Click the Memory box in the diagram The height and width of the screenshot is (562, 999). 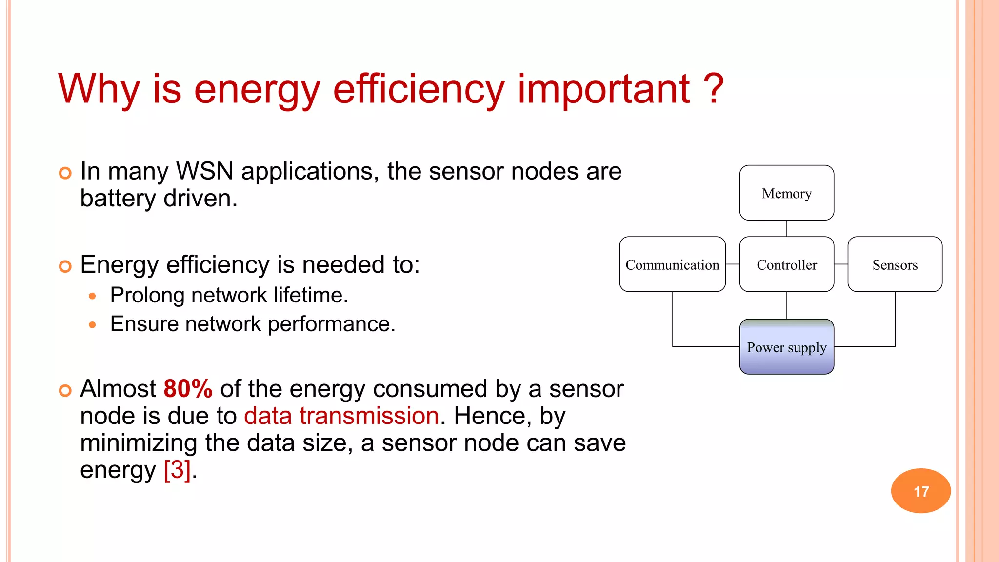click(786, 193)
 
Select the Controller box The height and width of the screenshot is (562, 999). click(786, 264)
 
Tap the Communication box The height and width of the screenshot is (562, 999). click(672, 264)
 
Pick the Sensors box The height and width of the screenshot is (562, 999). click(895, 264)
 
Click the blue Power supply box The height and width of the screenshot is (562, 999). click(786, 347)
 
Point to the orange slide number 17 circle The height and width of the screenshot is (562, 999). click(920, 491)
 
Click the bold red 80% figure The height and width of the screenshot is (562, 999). click(188, 389)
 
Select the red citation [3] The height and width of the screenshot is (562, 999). click(177, 470)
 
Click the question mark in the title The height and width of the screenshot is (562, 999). click(714, 89)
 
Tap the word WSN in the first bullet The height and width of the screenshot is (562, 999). click(205, 171)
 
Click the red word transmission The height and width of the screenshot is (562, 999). click(369, 416)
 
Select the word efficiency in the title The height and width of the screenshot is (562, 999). click(418, 89)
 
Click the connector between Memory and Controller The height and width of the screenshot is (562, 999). click(786, 228)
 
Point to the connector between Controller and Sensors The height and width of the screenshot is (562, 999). click(841, 264)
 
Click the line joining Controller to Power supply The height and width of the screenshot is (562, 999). click(786, 305)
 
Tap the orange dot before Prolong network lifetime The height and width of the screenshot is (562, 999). click(92, 296)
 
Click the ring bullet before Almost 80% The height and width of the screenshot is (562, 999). click(65, 390)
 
